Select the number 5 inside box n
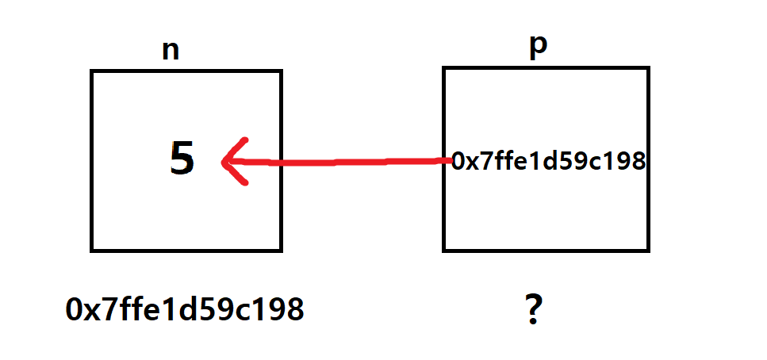point(182,159)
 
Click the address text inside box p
point(547,162)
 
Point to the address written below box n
point(185,309)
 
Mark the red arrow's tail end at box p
point(446,160)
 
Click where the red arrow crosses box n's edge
point(282,163)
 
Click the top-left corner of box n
point(92,71)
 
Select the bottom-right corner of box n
point(282,251)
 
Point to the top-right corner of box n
point(282,71)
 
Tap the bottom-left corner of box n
point(92,251)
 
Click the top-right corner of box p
point(648,68)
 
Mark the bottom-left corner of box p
point(444,251)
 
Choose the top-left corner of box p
point(444,68)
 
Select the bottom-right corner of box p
point(648,251)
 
